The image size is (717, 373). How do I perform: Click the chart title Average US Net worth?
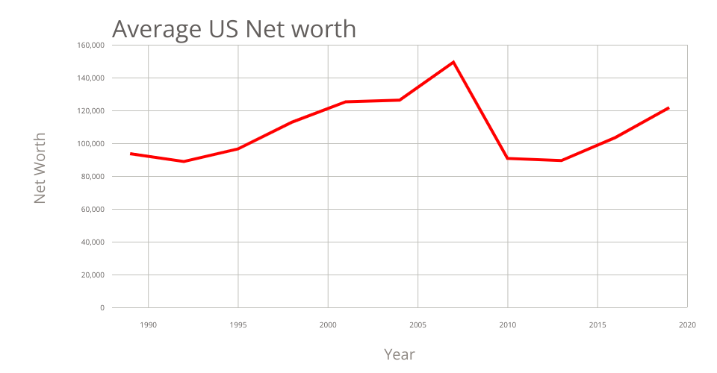point(234,28)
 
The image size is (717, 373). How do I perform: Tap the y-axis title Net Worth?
point(40,169)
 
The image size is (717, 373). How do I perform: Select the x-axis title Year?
point(400,354)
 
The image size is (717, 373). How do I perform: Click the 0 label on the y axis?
point(102,308)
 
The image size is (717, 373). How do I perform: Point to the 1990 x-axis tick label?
point(148,325)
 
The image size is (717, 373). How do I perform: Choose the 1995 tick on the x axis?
point(238,325)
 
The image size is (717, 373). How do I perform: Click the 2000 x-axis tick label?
point(328,325)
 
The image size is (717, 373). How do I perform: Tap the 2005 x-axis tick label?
point(418,325)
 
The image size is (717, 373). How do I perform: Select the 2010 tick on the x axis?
point(508,325)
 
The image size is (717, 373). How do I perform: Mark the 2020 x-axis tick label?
point(687,325)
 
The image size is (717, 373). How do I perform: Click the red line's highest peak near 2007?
point(453,62)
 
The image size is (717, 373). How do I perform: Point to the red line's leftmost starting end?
point(131,154)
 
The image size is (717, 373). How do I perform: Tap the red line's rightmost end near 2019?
point(668,108)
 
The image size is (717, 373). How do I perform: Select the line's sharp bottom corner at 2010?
point(508,158)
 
